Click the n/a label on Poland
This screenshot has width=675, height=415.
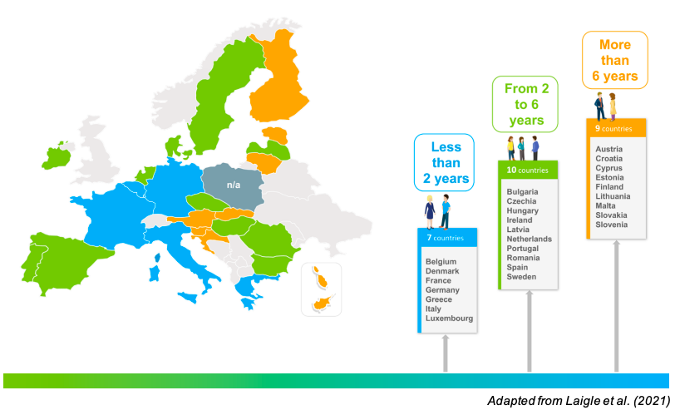(234, 185)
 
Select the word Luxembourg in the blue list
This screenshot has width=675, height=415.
(449, 319)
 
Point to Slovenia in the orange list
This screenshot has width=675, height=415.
(612, 225)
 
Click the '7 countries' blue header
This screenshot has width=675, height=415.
(447, 238)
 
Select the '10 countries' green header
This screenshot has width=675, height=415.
(527, 170)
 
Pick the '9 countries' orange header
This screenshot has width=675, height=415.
(614, 129)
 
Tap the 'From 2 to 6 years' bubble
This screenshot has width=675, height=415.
(525, 104)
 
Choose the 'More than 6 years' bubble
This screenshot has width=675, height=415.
(614, 60)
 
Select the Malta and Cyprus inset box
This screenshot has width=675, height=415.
(321, 289)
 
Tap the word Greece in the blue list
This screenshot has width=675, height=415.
(439, 299)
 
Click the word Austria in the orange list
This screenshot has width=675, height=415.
(609, 149)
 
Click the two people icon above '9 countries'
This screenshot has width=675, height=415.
(606, 106)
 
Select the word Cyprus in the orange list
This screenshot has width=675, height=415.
(609, 168)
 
